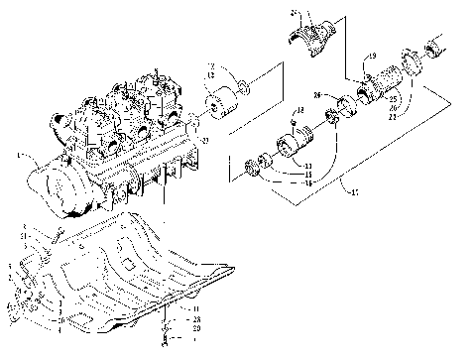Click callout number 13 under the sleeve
[309, 166]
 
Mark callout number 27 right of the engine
[205, 140]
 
